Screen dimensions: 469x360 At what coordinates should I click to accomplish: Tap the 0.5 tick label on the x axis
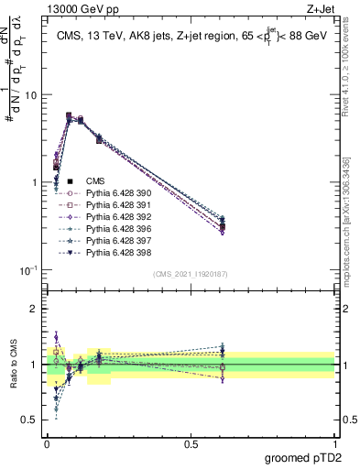click(191, 442)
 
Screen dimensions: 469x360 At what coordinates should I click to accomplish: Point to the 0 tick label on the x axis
click(47, 442)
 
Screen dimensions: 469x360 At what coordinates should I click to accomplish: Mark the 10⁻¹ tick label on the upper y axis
click(27, 269)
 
